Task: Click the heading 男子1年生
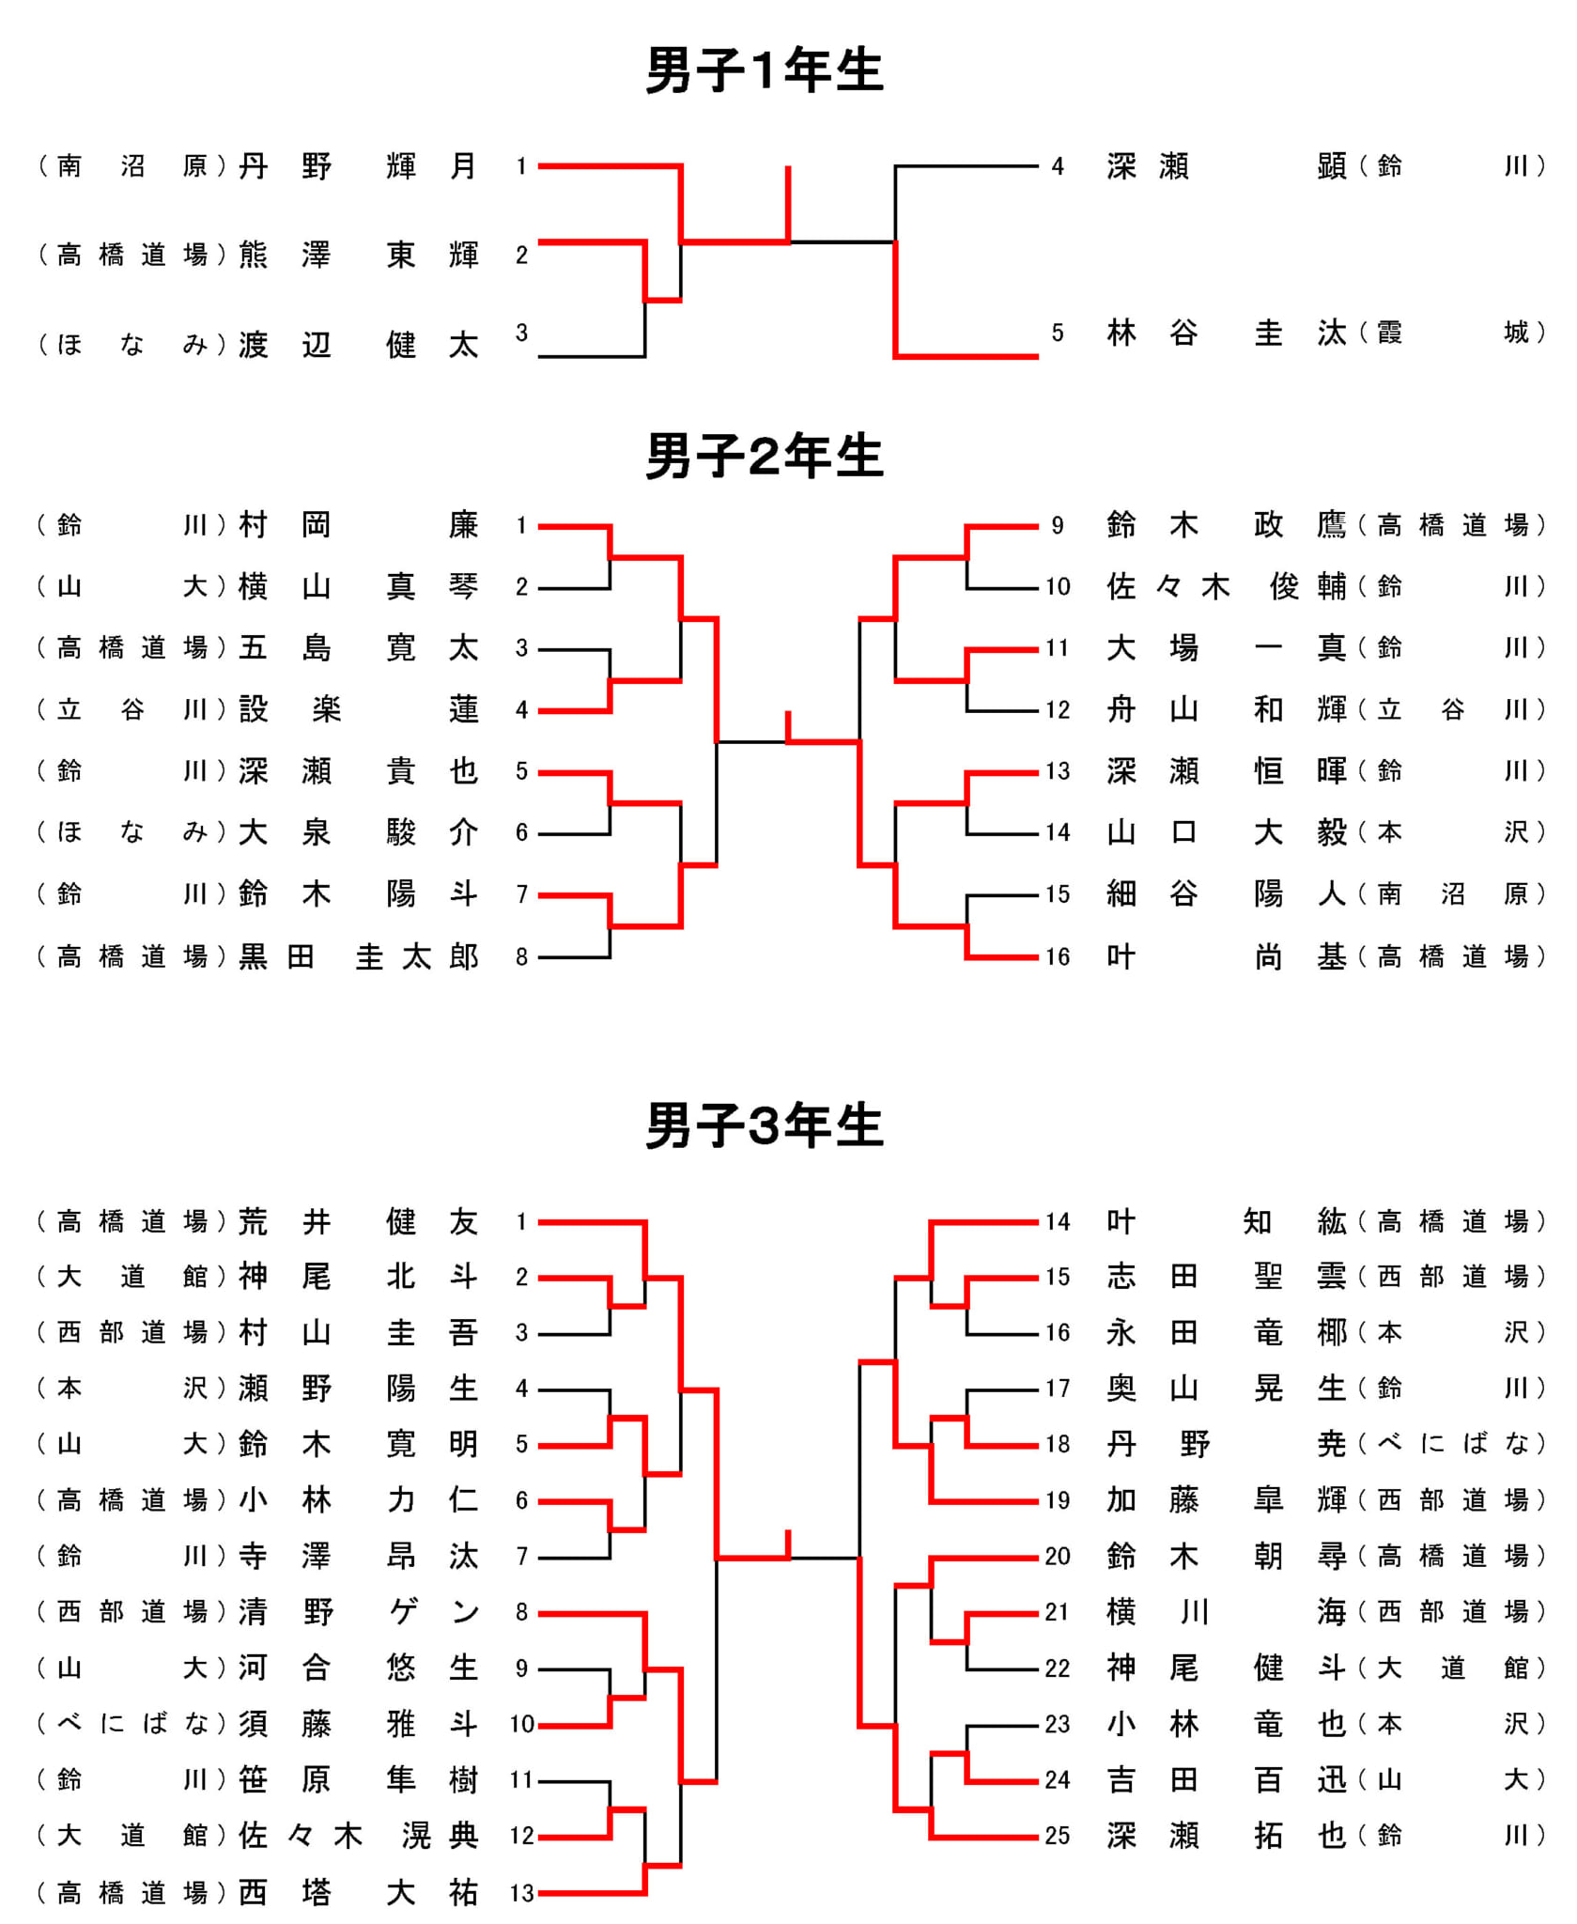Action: (765, 70)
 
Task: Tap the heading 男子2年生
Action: (765, 457)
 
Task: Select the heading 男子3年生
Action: (765, 1125)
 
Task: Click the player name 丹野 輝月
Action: (359, 166)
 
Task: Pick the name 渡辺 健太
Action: (359, 345)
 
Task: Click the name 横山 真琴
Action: (359, 587)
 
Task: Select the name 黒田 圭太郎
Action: (359, 956)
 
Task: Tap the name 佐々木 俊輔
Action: (1228, 587)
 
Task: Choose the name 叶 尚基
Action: (1228, 956)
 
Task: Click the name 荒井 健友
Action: (359, 1221)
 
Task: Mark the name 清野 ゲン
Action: (359, 1612)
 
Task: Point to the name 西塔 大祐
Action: (359, 1892)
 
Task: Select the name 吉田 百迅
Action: (1228, 1779)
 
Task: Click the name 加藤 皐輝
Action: (1228, 1500)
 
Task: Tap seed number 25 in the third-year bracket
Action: (1058, 1836)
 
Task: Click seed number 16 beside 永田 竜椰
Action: (1058, 1332)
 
